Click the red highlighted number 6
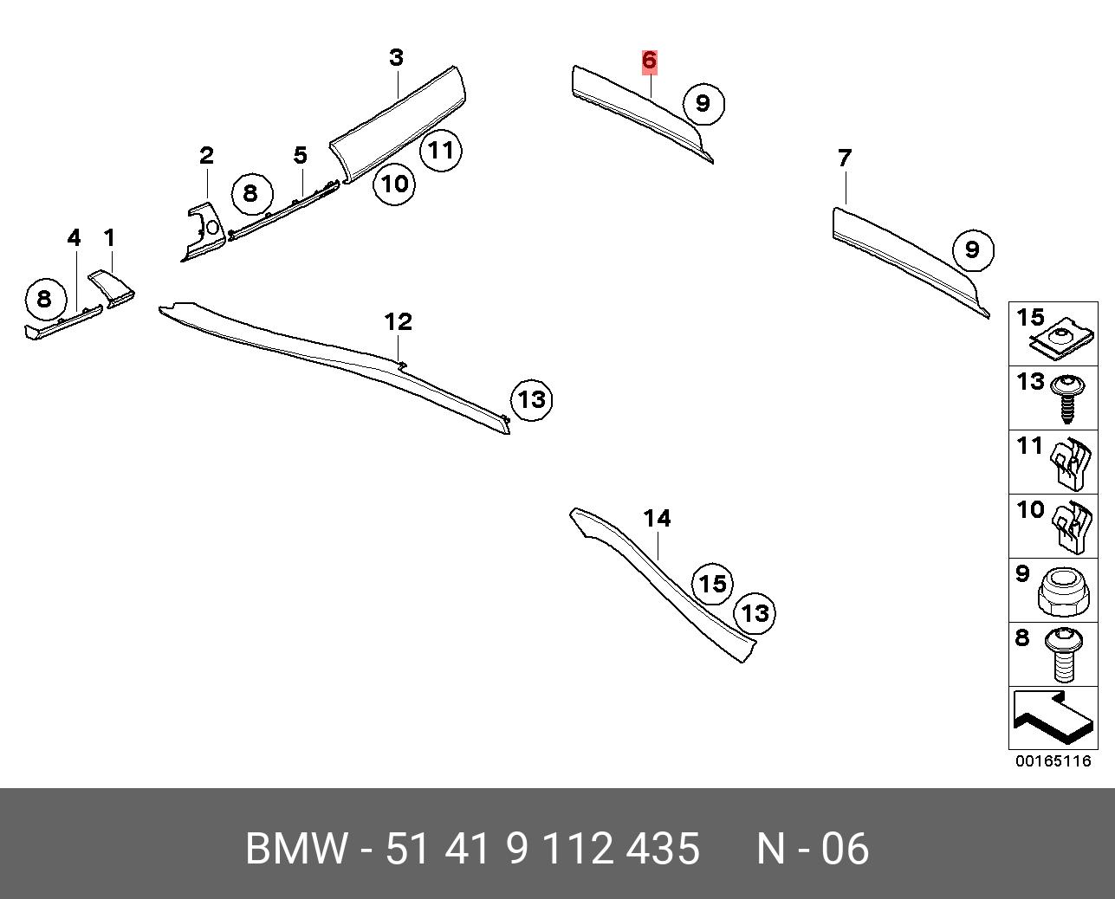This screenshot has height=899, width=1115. coord(649,60)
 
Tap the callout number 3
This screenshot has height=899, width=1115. coord(397,57)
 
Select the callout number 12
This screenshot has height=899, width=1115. coord(398,322)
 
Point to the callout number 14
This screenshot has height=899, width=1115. coord(657,518)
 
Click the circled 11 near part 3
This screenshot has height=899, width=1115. coord(441,151)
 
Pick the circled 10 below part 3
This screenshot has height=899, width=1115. coord(395,184)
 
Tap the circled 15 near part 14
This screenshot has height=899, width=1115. coord(713,584)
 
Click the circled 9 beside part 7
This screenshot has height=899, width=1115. coord(973,250)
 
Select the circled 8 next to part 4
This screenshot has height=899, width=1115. coord(46,299)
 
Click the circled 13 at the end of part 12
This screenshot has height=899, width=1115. coord(532,400)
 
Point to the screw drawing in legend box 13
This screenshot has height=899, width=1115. coord(1066,399)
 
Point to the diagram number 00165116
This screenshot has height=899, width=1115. coord(1053,761)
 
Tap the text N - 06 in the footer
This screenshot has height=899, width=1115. coord(813,849)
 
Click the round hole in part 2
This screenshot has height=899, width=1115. coord(211,227)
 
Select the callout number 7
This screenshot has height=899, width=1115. coord(845,158)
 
